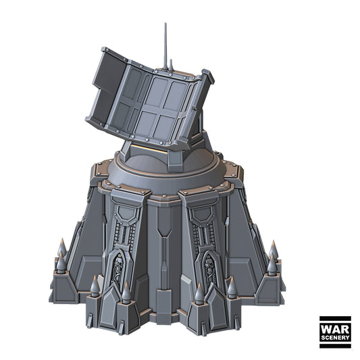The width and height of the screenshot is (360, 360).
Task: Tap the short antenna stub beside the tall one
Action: click(171, 65)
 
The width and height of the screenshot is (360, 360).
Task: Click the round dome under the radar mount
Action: click(169, 173)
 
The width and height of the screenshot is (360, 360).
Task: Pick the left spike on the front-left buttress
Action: click(95, 286)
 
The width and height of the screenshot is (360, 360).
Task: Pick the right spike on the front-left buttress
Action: click(126, 292)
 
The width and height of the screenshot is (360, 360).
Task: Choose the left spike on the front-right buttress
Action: click(199, 292)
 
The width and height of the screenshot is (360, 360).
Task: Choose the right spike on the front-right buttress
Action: click(232, 288)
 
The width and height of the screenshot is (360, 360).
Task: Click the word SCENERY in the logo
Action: click(335, 336)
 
